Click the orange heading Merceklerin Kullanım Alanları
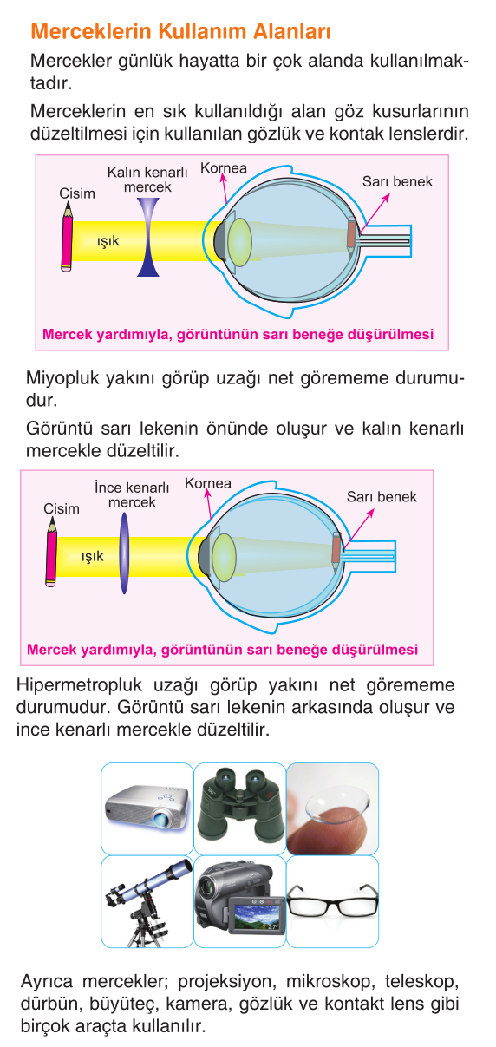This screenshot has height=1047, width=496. pyautogui.click(x=180, y=32)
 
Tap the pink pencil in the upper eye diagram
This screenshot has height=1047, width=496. pyautogui.click(x=68, y=237)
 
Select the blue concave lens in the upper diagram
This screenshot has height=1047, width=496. pyautogui.click(x=148, y=237)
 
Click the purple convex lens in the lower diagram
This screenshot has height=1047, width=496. pyautogui.click(x=124, y=553)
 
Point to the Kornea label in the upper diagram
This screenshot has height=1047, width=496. pyautogui.click(x=224, y=168)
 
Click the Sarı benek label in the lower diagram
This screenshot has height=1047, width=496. pyautogui.click(x=382, y=497)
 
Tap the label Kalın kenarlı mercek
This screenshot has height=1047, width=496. pyautogui.click(x=147, y=180)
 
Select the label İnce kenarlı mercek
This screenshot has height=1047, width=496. pyautogui.click(x=132, y=494)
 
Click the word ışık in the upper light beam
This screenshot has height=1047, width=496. pyautogui.click(x=108, y=241)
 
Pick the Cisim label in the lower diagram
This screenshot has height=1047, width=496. pyautogui.click(x=62, y=508)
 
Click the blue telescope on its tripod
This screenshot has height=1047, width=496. pyautogui.click(x=147, y=902)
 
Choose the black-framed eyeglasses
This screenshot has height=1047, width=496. pyautogui.click(x=332, y=901)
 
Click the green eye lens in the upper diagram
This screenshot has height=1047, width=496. pyautogui.click(x=239, y=242)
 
